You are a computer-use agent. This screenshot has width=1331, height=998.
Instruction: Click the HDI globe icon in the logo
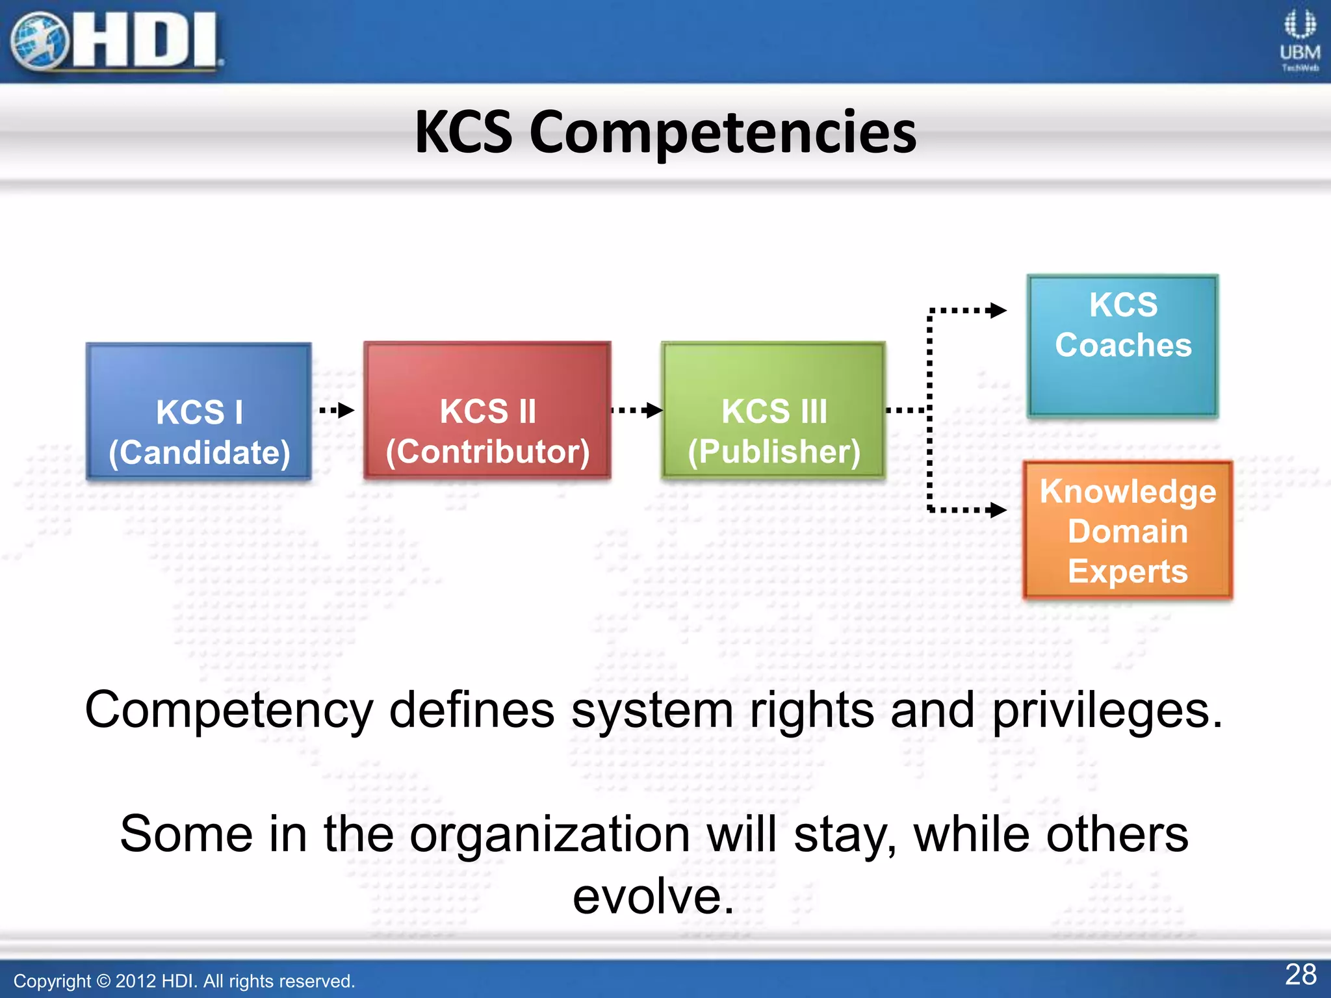39,41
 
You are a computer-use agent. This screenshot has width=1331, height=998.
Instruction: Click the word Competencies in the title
723,133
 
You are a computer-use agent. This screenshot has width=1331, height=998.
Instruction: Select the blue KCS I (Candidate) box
199,412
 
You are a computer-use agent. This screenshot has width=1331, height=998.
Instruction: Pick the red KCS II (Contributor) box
487,411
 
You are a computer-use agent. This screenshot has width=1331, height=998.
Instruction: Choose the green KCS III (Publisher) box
773,411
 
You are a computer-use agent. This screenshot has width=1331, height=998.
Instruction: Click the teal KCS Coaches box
1122,346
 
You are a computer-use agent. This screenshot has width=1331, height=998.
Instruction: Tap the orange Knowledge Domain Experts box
1128,530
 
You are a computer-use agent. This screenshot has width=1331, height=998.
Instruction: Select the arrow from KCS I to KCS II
337,410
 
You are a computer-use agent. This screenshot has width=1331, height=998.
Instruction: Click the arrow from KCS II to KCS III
637,410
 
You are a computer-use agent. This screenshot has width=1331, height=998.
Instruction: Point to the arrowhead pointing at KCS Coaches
997,311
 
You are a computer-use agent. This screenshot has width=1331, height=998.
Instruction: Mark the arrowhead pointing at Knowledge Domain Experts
997,510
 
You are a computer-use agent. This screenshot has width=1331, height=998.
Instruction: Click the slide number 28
1300,975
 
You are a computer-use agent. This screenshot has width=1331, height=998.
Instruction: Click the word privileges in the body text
1107,710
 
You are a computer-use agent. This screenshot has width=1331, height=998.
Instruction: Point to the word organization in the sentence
550,835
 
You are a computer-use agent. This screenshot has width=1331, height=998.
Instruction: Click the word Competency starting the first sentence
229,711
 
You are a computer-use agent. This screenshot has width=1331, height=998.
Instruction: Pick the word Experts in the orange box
1128,571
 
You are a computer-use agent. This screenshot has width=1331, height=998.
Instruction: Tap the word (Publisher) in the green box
773,452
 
